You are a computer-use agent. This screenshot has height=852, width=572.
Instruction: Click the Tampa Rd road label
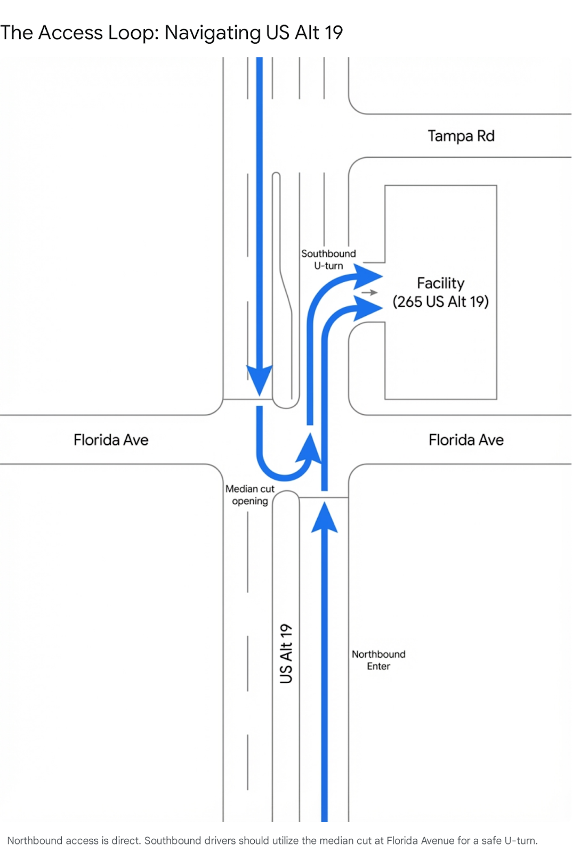point(461,136)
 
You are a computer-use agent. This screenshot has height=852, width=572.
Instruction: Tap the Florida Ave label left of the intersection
point(111,440)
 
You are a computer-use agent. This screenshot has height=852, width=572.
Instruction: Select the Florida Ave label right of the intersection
point(466,440)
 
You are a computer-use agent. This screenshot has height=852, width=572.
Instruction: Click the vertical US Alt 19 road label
point(286,653)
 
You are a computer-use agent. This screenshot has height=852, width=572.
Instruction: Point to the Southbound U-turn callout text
point(328,259)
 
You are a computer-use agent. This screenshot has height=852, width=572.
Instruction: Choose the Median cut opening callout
point(249,495)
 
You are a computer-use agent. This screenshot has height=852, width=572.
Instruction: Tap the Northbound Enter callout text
point(378,660)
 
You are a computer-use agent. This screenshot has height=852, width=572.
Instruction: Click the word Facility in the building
point(440,283)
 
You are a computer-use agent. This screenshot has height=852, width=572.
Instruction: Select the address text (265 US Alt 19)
point(440,302)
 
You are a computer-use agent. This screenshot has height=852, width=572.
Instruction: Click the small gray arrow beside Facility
point(369,292)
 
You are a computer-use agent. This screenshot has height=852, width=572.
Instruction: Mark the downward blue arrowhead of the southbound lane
point(260,379)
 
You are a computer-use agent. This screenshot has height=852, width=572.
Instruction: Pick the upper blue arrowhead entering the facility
point(368,276)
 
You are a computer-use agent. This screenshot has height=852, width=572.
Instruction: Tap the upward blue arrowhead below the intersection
point(324,518)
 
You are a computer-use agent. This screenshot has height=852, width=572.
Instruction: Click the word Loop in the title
point(132,33)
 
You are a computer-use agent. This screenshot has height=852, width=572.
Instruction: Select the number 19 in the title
point(333,33)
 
